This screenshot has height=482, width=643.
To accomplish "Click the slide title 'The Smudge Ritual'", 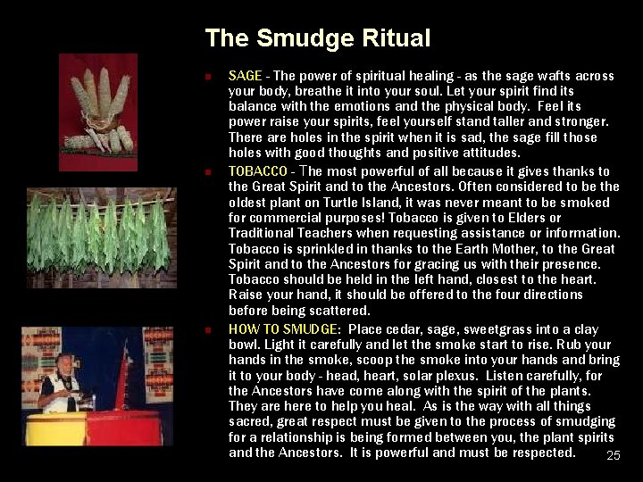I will [x=317, y=38].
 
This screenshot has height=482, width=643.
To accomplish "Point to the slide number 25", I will [x=614, y=456].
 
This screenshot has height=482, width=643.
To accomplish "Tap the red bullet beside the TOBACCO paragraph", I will [x=207, y=171].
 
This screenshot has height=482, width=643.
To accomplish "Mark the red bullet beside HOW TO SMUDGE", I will [x=207, y=328].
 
